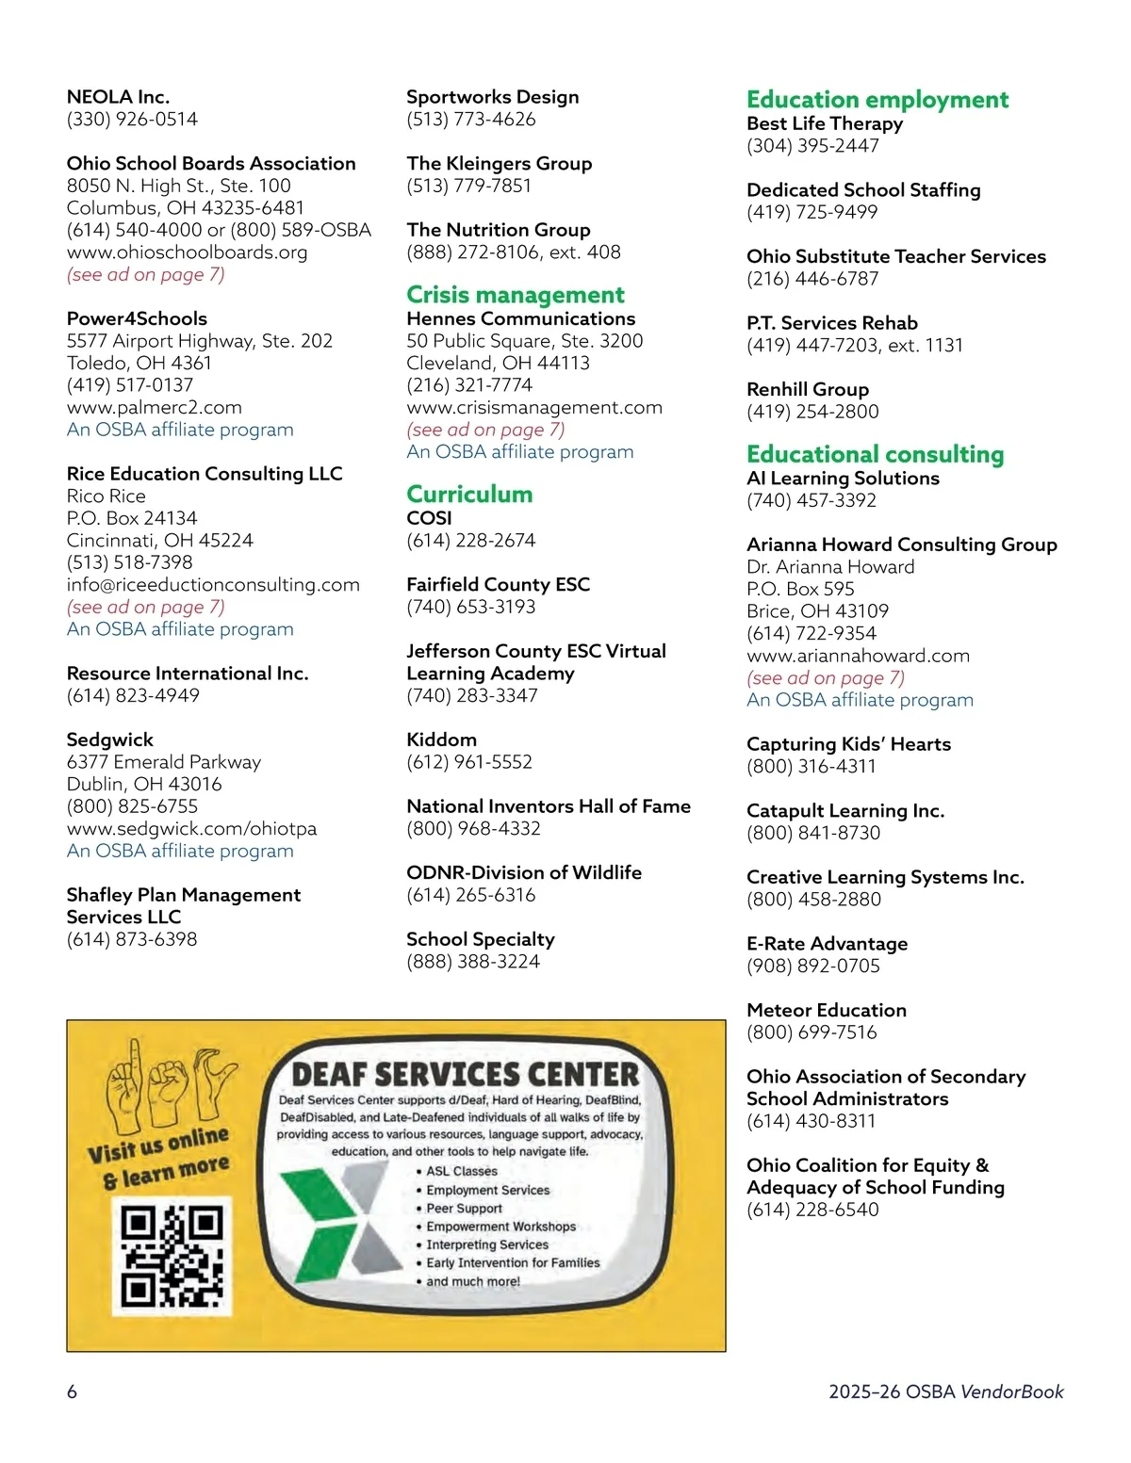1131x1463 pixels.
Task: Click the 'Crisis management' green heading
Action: [x=516, y=295]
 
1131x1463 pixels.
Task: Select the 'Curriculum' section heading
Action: [x=469, y=495]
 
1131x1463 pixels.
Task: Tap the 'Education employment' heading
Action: [x=877, y=100]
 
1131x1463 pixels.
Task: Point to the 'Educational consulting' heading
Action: [x=875, y=455]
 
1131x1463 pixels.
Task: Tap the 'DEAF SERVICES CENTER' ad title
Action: [x=466, y=1075]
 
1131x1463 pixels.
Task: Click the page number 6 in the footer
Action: [x=72, y=1391]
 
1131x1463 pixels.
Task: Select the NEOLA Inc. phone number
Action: [x=132, y=120]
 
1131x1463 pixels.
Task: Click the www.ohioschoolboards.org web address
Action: [x=187, y=252]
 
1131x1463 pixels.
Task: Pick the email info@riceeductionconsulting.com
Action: [x=213, y=585]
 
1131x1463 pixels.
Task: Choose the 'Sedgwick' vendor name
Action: [x=109, y=740]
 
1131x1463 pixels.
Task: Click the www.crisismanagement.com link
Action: [x=534, y=408]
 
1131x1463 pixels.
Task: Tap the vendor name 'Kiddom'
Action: [x=441, y=740]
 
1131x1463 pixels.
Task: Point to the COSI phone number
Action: [x=470, y=541]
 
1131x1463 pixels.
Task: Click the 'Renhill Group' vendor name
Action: [x=808, y=389]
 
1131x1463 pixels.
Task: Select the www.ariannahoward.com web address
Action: [x=858, y=656]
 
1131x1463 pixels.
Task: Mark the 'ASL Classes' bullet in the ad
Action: [x=461, y=1171]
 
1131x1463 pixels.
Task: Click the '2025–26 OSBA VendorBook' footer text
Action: [x=945, y=1391]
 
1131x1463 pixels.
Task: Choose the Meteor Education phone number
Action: [x=811, y=1032]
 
